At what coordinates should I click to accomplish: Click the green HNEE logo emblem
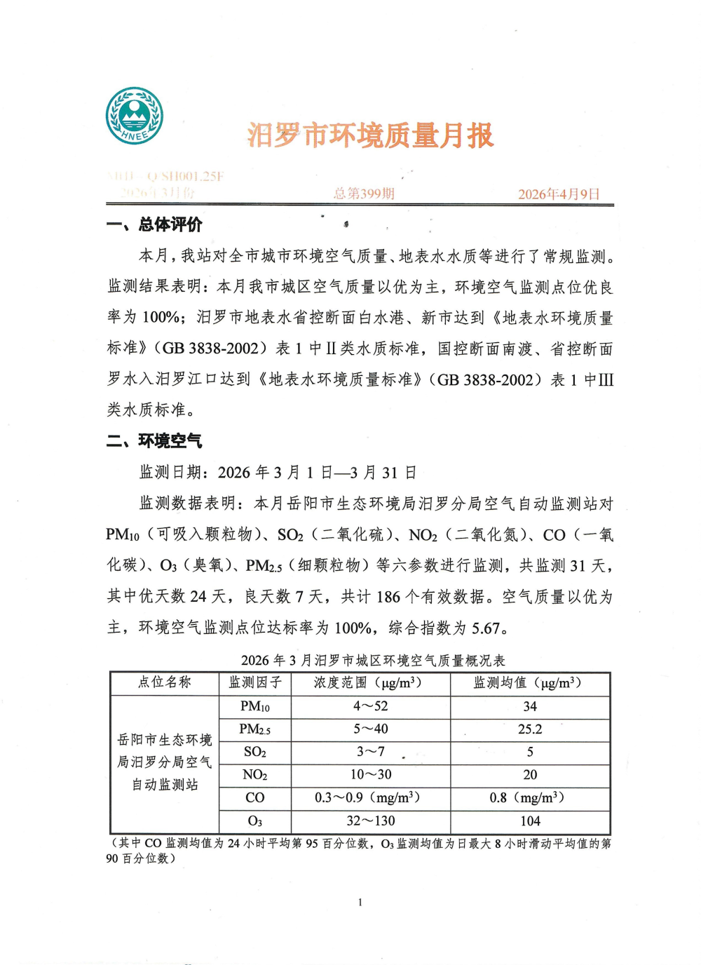pyautogui.click(x=135, y=116)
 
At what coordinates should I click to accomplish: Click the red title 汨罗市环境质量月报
pyautogui.click(x=370, y=135)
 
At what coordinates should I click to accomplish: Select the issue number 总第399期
pyautogui.click(x=364, y=193)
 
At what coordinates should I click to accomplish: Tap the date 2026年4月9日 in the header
pyautogui.click(x=559, y=194)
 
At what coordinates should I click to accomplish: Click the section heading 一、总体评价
pyautogui.click(x=154, y=224)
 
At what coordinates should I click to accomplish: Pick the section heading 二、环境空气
pyautogui.click(x=154, y=440)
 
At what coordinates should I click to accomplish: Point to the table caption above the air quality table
pyautogui.click(x=373, y=660)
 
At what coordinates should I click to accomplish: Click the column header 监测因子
pyautogui.click(x=255, y=682)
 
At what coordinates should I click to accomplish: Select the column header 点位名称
pyautogui.click(x=165, y=682)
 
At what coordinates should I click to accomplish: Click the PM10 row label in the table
pyautogui.click(x=255, y=706)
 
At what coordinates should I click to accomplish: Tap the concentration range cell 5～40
pyautogui.click(x=371, y=729)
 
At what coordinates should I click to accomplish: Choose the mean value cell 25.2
pyautogui.click(x=530, y=729)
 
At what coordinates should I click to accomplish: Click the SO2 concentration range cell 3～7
pyautogui.click(x=371, y=752)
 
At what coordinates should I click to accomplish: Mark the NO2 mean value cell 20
pyautogui.click(x=530, y=775)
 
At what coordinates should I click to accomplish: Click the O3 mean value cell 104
pyautogui.click(x=530, y=821)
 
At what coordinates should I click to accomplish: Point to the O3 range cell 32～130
pyautogui.click(x=371, y=821)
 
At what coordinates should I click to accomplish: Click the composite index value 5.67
pyautogui.click(x=486, y=628)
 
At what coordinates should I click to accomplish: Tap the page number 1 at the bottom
pyautogui.click(x=360, y=903)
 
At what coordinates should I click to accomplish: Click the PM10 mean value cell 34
pyautogui.click(x=530, y=706)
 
